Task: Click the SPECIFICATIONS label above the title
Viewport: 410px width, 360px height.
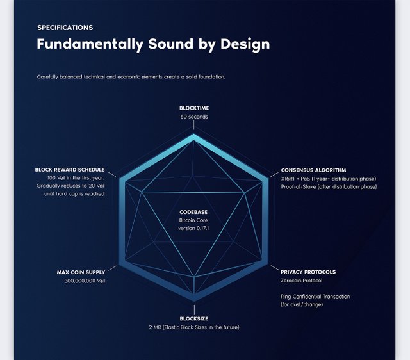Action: pos(65,28)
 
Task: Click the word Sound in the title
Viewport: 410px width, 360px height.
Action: pos(171,44)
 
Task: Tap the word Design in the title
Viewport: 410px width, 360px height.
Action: pos(245,44)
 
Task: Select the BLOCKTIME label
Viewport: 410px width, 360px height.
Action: pos(194,108)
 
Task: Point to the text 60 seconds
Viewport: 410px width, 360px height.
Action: pos(194,117)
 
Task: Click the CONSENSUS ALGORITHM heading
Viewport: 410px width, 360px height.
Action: pos(313,170)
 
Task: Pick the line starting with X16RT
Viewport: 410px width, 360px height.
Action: pos(329,179)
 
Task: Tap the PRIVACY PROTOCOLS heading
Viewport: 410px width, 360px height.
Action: pos(308,272)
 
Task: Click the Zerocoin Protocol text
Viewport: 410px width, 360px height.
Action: pos(302,281)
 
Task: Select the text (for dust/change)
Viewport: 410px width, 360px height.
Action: pos(302,304)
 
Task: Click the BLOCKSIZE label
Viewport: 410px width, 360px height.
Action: pos(193,319)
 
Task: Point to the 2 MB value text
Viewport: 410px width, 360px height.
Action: pos(155,327)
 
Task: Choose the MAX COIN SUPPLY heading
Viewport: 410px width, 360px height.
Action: pos(81,272)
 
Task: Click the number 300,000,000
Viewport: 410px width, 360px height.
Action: pos(79,281)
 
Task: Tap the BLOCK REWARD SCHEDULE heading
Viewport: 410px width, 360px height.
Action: pos(70,170)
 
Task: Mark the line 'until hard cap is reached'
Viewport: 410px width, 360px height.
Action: pos(74,194)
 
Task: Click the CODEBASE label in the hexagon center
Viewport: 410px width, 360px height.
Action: pos(193,212)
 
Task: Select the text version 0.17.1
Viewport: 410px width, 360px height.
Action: pos(193,228)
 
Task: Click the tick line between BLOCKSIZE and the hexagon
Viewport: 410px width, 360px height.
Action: pos(194,309)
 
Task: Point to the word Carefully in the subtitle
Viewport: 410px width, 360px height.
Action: pos(47,77)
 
